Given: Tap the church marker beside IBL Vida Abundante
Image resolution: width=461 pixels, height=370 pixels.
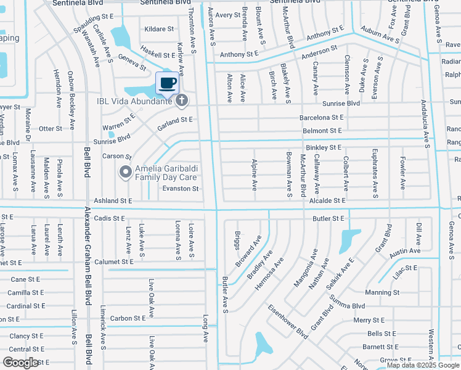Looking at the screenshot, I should click(182, 101).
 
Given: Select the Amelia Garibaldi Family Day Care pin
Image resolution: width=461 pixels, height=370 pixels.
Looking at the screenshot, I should click(126, 172).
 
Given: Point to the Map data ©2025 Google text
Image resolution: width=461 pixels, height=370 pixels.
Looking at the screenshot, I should click(423, 365).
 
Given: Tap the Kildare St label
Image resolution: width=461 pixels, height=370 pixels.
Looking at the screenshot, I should click(158, 29).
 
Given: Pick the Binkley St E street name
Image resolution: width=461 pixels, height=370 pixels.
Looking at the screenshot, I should click(324, 148).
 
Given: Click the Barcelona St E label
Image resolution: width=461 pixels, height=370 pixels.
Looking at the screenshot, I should click(321, 117).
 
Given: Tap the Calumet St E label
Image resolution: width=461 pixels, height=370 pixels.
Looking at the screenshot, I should click(113, 261).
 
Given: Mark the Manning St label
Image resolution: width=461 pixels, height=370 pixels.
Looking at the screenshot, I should click(382, 292).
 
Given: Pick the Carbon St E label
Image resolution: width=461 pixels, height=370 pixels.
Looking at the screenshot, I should click(128, 318).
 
